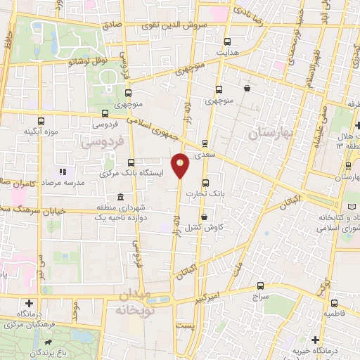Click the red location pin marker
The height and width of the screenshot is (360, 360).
[x=181, y=165]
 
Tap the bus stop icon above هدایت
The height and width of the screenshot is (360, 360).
[x=228, y=42]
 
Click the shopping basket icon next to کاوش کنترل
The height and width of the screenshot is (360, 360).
[x=204, y=217]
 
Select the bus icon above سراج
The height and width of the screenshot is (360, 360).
[x=261, y=285]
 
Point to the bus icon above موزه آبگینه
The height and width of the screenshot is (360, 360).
[x=41, y=120]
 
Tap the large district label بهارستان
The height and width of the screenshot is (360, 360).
[x=264, y=131]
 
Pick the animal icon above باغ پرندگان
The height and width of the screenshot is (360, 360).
[x=46, y=345]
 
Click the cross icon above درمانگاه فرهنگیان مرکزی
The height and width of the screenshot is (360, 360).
[x=27, y=302]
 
